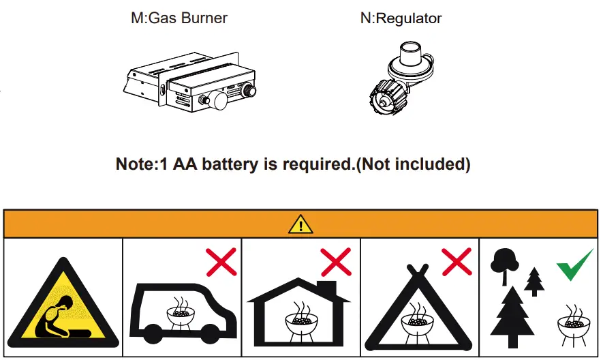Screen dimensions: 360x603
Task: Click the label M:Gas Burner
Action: pos(179,18)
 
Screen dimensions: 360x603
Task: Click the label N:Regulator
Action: pos(401,18)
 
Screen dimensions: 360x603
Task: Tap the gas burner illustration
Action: pos(194,85)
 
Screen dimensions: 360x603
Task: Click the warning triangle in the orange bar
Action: pos(300,224)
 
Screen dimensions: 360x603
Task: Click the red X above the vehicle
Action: pos(221,262)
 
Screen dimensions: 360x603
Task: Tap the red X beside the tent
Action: pos(456,262)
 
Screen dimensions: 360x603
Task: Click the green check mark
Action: pos(574,264)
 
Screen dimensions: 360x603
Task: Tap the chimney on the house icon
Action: pos(326,287)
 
